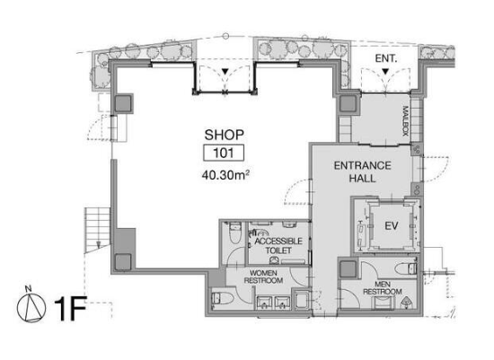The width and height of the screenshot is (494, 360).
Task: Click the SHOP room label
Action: point(224,135)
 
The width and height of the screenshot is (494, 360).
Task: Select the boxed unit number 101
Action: point(224,154)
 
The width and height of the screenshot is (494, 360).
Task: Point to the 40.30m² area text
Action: point(225,175)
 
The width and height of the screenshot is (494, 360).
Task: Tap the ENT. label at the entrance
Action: point(386,58)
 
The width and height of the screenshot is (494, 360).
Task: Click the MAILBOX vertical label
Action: point(406,121)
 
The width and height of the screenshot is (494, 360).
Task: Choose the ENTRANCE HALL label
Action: point(363,172)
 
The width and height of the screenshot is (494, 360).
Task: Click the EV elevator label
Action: point(392,226)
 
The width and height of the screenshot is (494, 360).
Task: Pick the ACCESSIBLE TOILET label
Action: point(278,246)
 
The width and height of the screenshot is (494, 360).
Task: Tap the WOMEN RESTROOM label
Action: point(263,277)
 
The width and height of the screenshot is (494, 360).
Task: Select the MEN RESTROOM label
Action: point(383,288)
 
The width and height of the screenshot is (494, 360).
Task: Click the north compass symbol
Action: point(31,306)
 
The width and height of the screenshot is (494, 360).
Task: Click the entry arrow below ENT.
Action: point(385,72)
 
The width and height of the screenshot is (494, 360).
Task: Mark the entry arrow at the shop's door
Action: point(225,72)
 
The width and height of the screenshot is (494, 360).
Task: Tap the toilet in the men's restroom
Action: point(406,269)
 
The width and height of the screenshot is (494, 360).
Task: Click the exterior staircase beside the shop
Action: point(97,229)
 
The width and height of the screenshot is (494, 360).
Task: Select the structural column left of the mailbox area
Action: point(348,104)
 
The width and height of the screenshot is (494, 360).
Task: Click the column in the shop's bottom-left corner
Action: point(123,262)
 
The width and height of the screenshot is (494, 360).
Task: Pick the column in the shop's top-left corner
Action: point(123,103)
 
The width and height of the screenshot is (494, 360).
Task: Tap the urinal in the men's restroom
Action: point(407,303)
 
